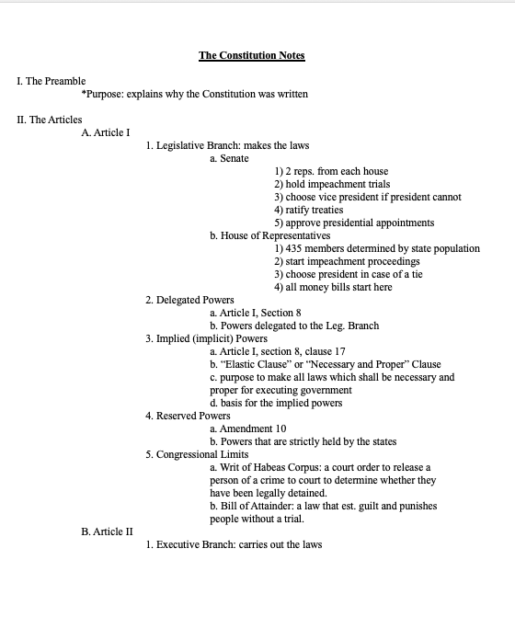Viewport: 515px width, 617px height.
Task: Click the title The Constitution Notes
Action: [251, 56]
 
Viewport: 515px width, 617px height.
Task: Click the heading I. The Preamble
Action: [51, 82]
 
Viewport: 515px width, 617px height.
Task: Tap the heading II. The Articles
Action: [50, 120]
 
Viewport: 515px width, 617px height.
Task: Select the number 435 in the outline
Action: [294, 249]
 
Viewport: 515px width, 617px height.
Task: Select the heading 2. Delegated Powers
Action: [189, 301]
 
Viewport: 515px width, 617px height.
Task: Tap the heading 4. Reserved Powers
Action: [188, 417]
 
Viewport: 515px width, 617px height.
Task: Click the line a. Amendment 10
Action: [248, 429]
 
